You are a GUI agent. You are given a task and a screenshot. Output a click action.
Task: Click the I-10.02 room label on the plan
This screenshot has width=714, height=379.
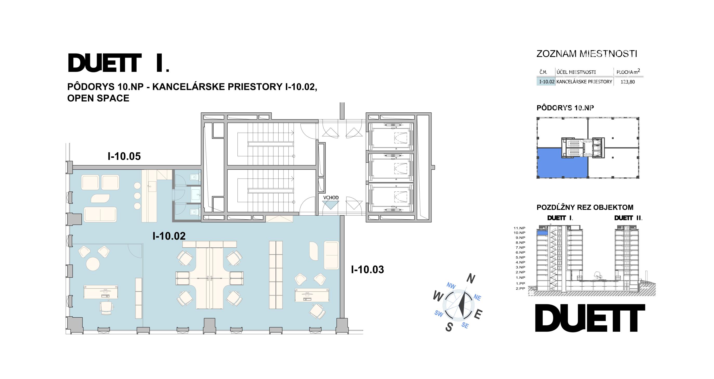[169, 236]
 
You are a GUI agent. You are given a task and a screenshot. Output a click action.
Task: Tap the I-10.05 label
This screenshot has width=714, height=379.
[124, 156]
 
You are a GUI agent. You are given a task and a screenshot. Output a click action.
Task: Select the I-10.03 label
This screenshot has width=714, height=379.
[367, 269]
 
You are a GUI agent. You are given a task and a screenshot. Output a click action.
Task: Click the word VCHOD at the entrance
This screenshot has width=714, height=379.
[331, 198]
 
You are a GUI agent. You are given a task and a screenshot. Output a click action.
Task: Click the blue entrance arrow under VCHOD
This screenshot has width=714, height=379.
[331, 205]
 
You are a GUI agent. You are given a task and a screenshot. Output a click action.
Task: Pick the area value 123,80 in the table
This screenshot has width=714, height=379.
[628, 82]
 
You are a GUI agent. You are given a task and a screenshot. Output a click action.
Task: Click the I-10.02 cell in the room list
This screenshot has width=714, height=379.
[546, 82]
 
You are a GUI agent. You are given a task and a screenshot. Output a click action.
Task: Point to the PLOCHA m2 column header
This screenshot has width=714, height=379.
[628, 72]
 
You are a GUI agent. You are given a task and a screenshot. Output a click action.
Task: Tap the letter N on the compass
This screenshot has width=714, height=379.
[470, 278]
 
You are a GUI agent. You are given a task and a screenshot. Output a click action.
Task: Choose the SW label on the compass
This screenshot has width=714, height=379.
[439, 313]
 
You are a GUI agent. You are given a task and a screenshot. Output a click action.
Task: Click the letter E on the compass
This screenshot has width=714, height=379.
[478, 314]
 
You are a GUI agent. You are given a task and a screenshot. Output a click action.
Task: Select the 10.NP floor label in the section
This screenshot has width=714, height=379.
[519, 233]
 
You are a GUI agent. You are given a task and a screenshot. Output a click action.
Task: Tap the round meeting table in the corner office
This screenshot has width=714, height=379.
[93, 264]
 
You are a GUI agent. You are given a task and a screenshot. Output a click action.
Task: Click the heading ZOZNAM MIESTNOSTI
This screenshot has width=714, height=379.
[587, 54]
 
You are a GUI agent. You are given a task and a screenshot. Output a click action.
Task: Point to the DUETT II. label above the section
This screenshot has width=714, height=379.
[628, 218]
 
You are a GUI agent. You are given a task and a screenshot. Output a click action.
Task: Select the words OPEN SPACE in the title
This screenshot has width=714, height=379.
[98, 98]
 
